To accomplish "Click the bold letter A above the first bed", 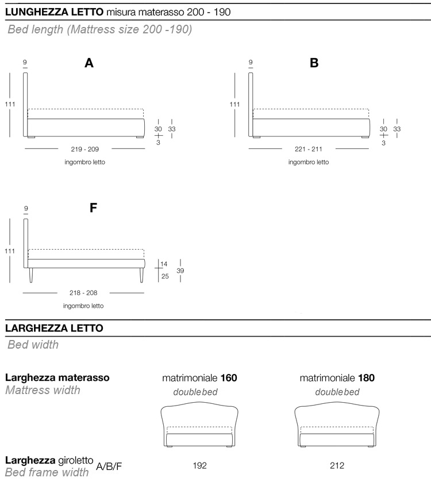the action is click(89, 63).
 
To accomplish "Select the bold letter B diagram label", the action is click(314, 63).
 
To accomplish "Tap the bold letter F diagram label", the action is click(93, 208).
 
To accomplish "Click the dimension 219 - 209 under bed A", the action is click(84, 149).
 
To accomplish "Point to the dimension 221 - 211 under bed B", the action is click(308, 149).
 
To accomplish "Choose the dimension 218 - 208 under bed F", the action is click(83, 293).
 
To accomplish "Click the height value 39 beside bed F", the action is click(180, 271).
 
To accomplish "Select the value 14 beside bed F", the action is click(164, 264).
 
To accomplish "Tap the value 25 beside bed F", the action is click(165, 276).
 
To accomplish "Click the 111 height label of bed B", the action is click(234, 105).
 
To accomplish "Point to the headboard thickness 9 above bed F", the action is click(26, 208).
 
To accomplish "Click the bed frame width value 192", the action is click(199, 465).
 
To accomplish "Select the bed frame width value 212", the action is click(337, 465).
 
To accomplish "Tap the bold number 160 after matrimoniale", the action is click(229, 378).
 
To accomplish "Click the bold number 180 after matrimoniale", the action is click(366, 378).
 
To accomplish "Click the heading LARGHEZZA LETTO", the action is click(54, 328).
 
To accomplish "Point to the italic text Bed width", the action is click(33, 345).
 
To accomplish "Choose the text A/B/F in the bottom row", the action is click(109, 466).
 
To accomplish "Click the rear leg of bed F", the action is click(31, 275).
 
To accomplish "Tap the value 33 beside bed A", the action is click(172, 129).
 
